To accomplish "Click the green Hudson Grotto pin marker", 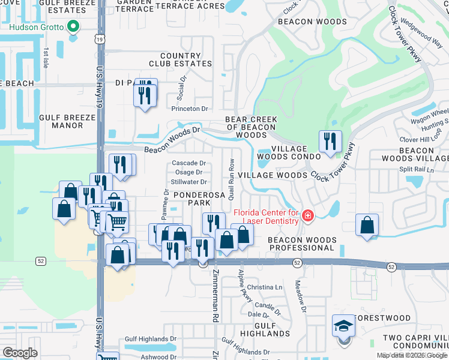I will tap(73, 26).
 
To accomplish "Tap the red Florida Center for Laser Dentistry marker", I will tap(307, 215).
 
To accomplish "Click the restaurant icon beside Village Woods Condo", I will tap(330, 142).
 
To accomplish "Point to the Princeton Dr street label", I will tap(189, 109).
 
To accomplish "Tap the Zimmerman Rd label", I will tap(214, 296).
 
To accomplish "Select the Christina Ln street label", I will tap(264, 287).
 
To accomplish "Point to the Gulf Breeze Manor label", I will tap(67, 122).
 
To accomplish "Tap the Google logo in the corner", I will tap(20, 352).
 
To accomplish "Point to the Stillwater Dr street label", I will tap(188, 182).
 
